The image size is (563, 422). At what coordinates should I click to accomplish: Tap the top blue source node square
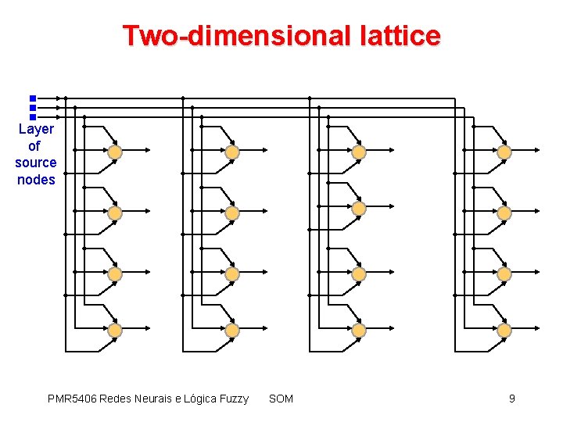[x=33, y=98]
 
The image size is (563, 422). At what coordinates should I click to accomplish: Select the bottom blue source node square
[x=33, y=117]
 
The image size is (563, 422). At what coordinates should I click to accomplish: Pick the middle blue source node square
[x=33, y=108]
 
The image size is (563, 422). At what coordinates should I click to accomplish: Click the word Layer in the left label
[x=36, y=129]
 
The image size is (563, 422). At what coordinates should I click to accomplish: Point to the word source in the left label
[x=36, y=163]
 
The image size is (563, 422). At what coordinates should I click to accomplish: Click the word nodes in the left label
[x=36, y=180]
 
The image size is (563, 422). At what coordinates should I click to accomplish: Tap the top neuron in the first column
[x=114, y=152]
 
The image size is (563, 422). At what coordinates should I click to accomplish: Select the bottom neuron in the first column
[x=114, y=331]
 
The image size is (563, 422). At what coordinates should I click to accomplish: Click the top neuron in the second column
[x=231, y=152]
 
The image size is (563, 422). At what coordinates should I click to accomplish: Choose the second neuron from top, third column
[x=358, y=208]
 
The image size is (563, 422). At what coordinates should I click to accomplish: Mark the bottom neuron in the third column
[x=358, y=331]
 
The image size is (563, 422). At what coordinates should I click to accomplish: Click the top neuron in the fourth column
[x=504, y=152]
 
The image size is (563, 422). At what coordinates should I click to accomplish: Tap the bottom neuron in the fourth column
[x=504, y=331]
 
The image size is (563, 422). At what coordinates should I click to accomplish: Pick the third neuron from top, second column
[x=231, y=274]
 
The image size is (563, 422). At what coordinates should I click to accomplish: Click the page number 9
[x=511, y=399]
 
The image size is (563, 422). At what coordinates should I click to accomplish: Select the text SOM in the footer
[x=281, y=399]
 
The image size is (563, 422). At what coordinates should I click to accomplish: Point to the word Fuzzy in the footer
[x=231, y=399]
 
